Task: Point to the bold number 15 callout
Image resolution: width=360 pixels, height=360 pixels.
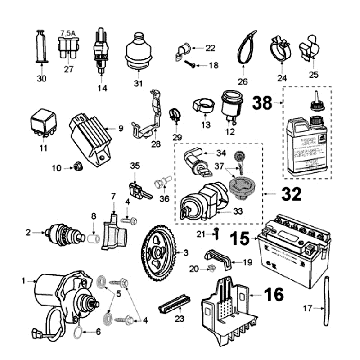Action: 237,239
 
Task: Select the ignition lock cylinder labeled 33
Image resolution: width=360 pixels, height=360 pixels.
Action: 204,200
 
